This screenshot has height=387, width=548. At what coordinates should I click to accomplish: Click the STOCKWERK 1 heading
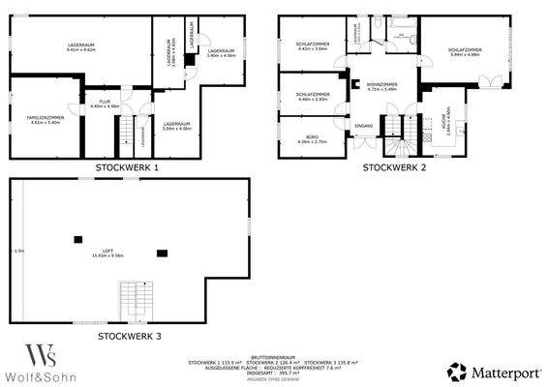[x=127, y=167]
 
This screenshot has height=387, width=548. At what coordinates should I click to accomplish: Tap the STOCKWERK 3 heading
[x=129, y=336]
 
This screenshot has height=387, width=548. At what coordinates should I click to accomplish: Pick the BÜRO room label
[x=310, y=139]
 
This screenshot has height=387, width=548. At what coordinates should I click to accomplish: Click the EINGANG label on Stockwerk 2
[x=364, y=127]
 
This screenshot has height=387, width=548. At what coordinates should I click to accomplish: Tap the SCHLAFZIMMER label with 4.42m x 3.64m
[x=312, y=45]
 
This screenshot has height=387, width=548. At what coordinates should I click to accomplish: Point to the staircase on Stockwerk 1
[x=125, y=130]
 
